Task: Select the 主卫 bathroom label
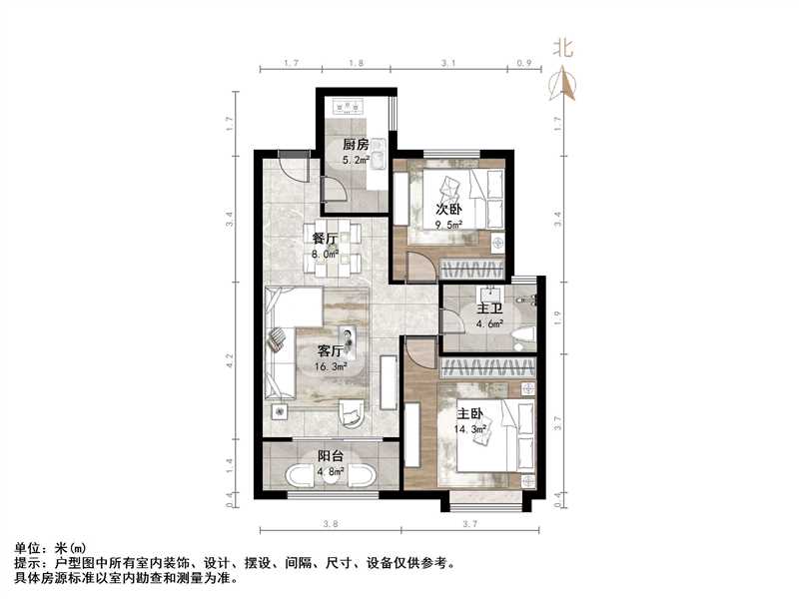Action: click(x=488, y=308)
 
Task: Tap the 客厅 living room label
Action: click(x=330, y=351)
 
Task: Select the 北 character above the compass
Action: click(x=564, y=48)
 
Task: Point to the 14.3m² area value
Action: click(x=471, y=429)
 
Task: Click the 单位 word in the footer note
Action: click(x=31, y=548)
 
